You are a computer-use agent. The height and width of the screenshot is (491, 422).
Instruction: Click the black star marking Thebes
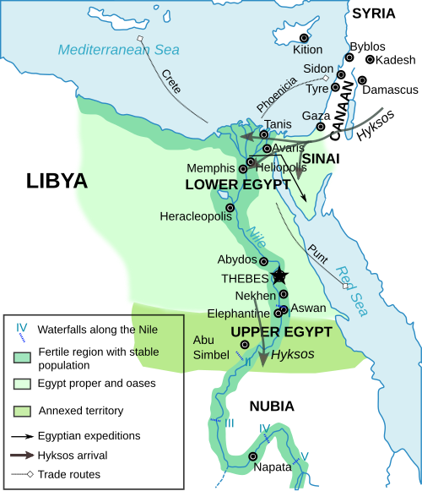[x=279, y=276]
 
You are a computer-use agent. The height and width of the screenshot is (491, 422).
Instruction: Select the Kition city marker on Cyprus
[x=305, y=38]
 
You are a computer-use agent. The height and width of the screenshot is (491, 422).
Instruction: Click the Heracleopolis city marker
[x=230, y=207]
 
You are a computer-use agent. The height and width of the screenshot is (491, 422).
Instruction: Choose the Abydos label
[x=237, y=259]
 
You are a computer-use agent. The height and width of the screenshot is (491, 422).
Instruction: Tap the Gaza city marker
[x=321, y=127]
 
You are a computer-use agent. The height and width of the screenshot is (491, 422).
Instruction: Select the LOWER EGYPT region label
[x=237, y=184]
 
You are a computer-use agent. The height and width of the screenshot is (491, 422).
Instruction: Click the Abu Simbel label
[x=211, y=347]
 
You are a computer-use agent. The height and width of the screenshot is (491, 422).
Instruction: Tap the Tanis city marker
[x=264, y=134]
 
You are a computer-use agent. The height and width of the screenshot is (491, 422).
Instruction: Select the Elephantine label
[x=238, y=313]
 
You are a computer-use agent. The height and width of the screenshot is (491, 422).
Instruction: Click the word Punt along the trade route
[x=318, y=251]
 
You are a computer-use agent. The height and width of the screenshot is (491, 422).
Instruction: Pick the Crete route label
[x=171, y=82]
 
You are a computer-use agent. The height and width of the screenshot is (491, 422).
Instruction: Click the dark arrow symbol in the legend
[x=22, y=455]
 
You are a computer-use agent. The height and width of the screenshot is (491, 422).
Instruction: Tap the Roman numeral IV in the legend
[x=22, y=327]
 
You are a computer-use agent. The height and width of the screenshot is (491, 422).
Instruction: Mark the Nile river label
[x=257, y=228]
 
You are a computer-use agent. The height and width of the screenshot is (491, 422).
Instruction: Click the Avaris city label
[x=288, y=148]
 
